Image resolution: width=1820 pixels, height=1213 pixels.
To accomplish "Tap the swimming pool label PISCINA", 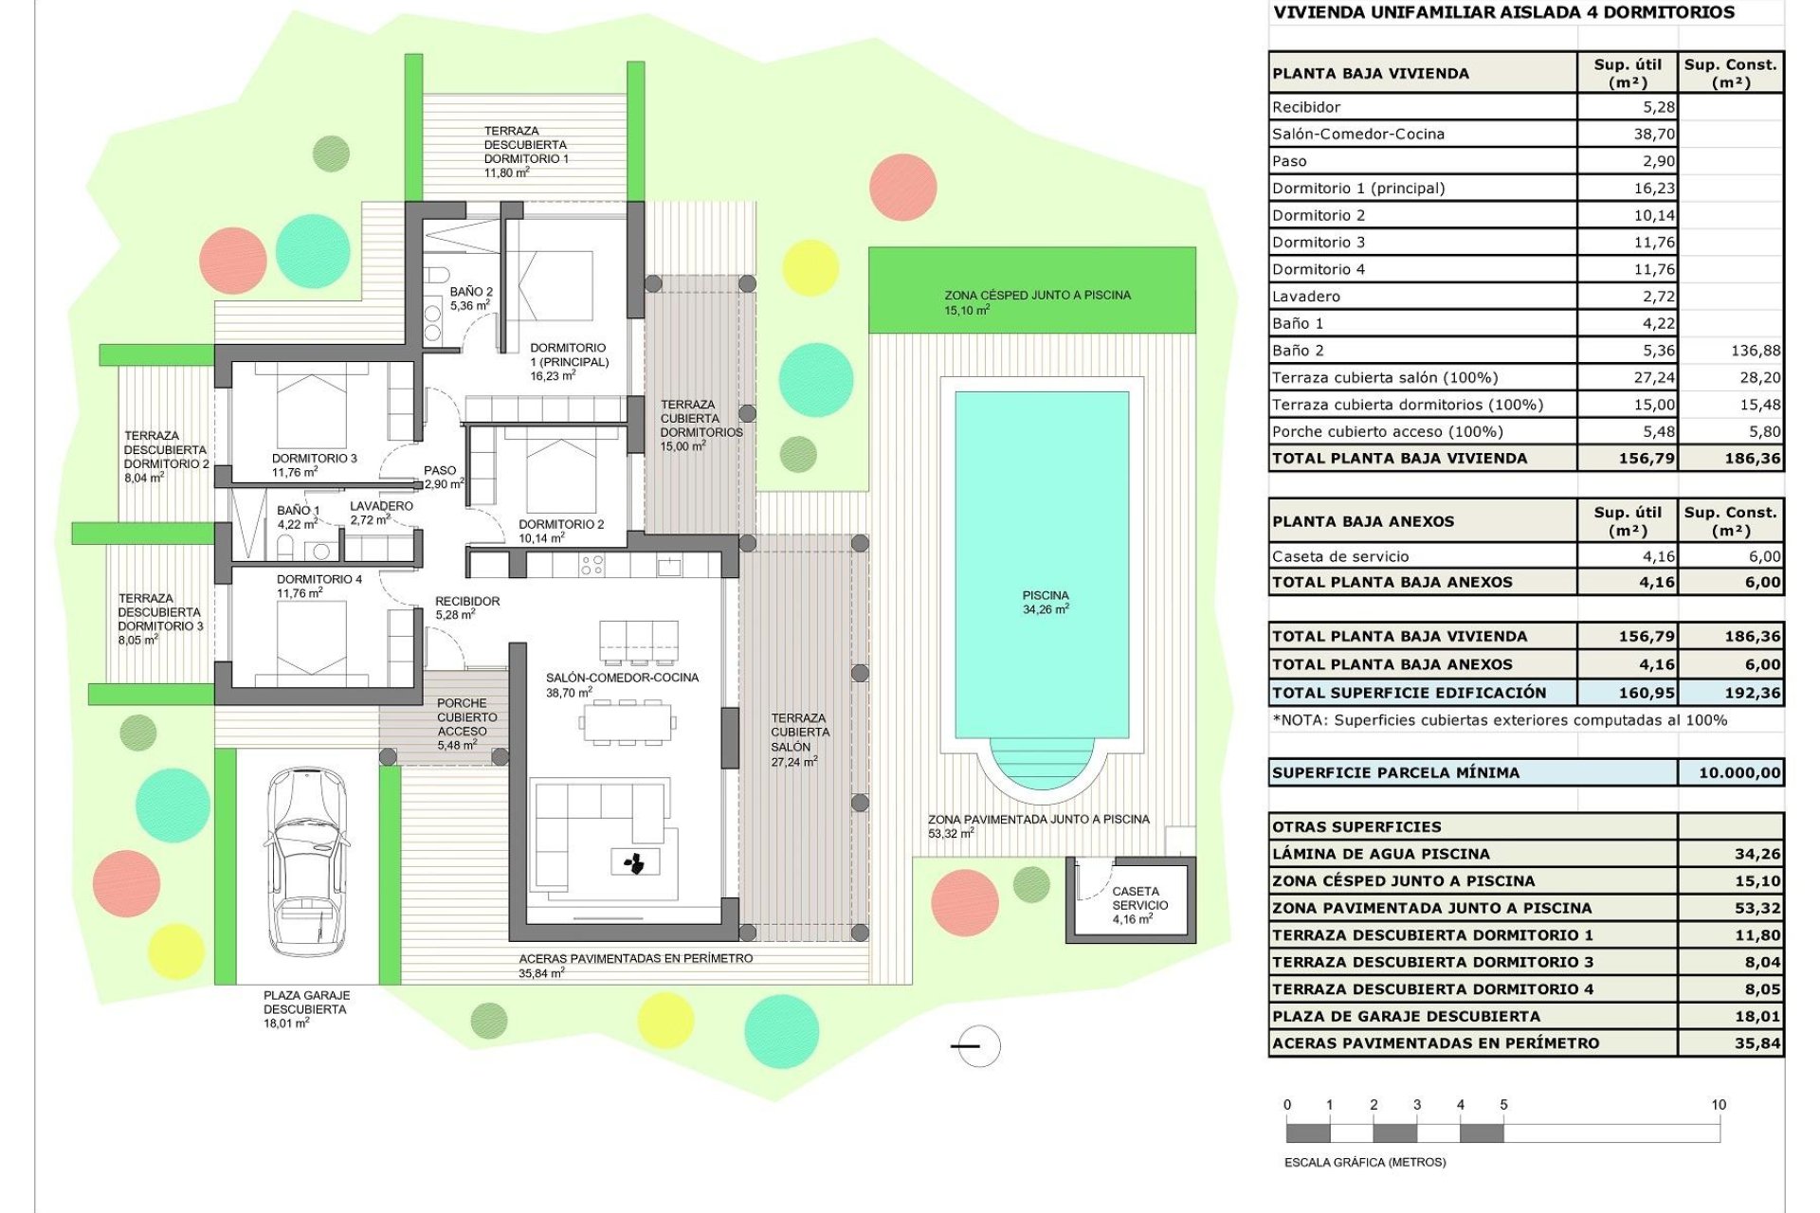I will pyautogui.click(x=1045, y=596).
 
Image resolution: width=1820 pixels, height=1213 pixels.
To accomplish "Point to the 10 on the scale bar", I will pyautogui.click(x=1718, y=1105).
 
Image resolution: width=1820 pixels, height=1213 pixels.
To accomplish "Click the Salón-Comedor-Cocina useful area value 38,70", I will pyautogui.click(x=1653, y=135).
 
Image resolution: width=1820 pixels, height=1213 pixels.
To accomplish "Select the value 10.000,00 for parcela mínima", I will pyautogui.click(x=1738, y=773).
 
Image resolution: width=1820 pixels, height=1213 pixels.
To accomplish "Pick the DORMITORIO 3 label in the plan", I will pyautogui.click(x=314, y=459).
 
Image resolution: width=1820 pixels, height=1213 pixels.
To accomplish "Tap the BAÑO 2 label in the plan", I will pyautogui.click(x=471, y=292).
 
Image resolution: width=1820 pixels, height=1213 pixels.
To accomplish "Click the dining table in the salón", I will pyautogui.click(x=627, y=723).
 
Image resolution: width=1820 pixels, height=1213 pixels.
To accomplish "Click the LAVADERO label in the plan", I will pyautogui.click(x=381, y=506).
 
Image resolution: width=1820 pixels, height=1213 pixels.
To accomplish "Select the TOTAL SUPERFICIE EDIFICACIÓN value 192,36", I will pyautogui.click(x=1752, y=693).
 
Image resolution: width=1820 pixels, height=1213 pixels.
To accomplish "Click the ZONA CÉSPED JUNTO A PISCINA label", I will pyautogui.click(x=1037, y=296).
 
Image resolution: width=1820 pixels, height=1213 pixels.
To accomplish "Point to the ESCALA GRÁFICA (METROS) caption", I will pyautogui.click(x=1364, y=1162).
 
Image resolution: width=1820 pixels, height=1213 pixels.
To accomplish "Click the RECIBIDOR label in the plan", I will pyautogui.click(x=467, y=602).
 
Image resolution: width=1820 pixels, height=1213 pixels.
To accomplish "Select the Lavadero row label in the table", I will pyautogui.click(x=1305, y=297).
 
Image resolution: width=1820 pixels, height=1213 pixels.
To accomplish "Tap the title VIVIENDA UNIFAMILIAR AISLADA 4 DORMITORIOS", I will pyautogui.click(x=1503, y=13).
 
